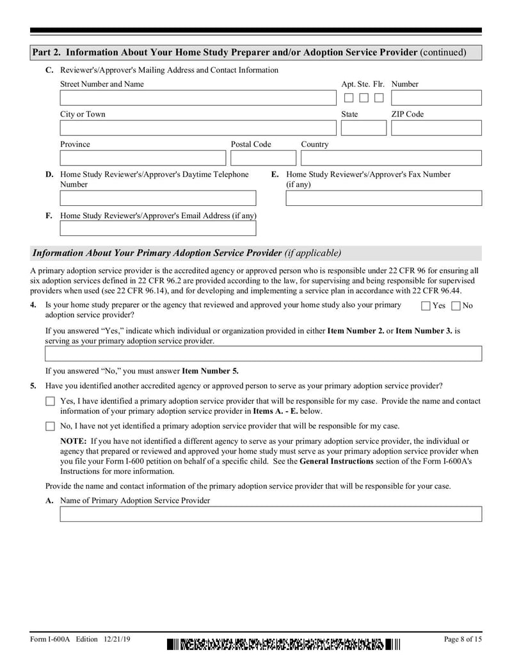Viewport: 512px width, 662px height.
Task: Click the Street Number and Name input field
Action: click(x=197, y=98)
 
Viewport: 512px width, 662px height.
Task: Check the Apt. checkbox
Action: click(x=349, y=98)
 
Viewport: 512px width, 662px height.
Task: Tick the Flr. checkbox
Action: click(x=379, y=98)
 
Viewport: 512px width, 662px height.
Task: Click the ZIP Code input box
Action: click(x=436, y=128)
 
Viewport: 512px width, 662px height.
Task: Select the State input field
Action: click(x=364, y=128)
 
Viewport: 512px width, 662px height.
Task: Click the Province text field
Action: click(x=143, y=158)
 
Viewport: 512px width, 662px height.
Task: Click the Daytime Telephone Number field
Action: click(x=157, y=198)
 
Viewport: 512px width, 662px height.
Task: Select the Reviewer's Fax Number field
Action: click(x=383, y=198)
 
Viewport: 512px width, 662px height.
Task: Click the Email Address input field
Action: click(x=157, y=228)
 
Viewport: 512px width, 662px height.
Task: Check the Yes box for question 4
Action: click(x=426, y=306)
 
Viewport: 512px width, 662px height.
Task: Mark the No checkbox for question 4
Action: click(x=456, y=306)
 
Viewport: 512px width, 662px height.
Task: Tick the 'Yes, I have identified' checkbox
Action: click(x=50, y=402)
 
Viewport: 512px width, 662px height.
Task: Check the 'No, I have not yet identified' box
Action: click(x=50, y=426)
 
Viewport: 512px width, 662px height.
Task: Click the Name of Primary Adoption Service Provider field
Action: click(x=271, y=514)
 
